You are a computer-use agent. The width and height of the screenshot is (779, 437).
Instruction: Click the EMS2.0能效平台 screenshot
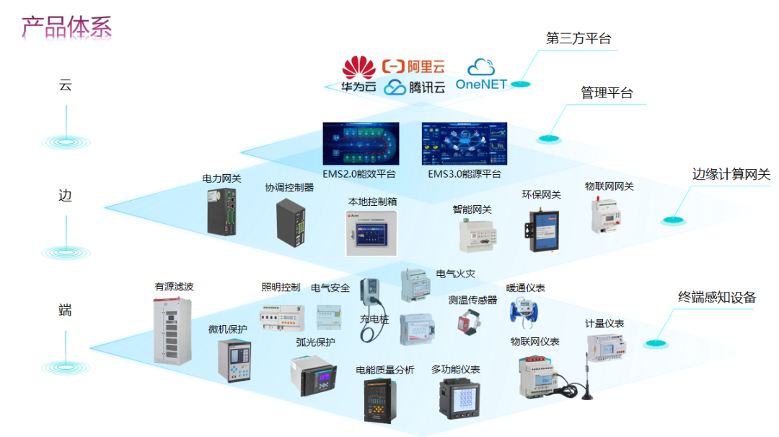pyautogui.click(x=361, y=143)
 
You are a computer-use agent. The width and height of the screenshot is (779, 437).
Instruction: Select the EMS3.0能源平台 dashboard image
pyautogui.click(x=464, y=143)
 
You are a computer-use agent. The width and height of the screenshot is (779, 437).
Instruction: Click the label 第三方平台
pyautogui.click(x=578, y=39)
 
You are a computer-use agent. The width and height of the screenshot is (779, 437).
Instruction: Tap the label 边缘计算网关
pyautogui.click(x=731, y=174)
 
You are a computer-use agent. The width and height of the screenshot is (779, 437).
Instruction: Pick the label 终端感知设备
pyautogui.click(x=717, y=298)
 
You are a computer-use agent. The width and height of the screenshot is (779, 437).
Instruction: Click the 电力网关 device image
pyautogui.click(x=224, y=211)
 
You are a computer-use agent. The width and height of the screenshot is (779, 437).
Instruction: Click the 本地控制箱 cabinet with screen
pyautogui.click(x=372, y=233)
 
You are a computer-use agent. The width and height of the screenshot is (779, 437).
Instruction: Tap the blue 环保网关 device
pyautogui.click(x=542, y=223)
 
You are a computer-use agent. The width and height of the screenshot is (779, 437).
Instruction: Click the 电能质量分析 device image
pyautogui.click(x=382, y=399)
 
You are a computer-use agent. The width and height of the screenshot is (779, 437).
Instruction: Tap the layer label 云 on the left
pyautogui.click(x=65, y=85)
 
